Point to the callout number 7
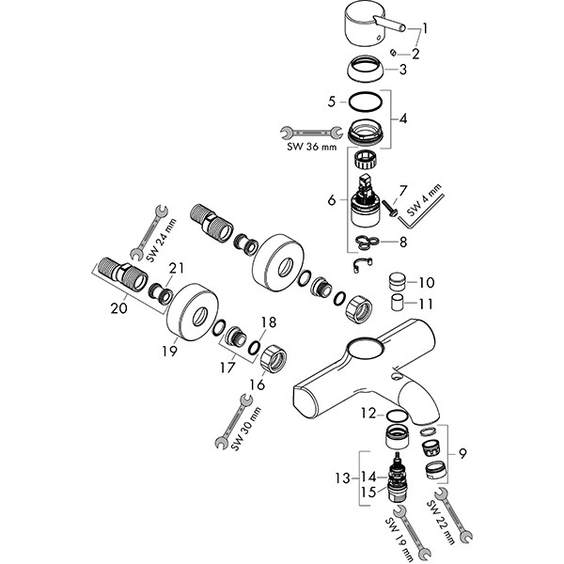click(x=403, y=191)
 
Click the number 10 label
click(x=427, y=282)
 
